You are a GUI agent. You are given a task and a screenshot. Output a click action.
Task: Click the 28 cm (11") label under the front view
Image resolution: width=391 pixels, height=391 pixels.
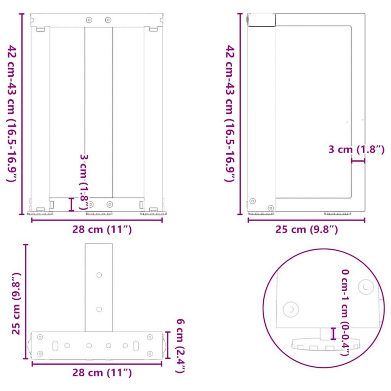click(102, 229)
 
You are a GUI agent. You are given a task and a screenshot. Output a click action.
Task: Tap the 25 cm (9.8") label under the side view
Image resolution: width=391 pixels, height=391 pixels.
click(307, 229)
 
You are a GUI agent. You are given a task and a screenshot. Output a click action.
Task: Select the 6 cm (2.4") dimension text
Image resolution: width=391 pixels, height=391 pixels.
click(181, 346)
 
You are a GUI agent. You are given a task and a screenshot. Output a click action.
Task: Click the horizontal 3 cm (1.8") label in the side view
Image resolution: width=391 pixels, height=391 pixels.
click(356, 150)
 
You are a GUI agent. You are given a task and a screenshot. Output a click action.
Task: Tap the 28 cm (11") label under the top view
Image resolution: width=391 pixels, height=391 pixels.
click(102, 372)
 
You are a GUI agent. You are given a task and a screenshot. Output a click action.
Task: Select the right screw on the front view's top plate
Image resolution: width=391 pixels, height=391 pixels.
click(108, 20)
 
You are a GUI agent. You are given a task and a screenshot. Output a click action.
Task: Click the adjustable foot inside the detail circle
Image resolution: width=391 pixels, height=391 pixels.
click(326, 344)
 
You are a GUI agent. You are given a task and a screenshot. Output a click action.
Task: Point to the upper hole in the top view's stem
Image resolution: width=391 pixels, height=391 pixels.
click(99, 275)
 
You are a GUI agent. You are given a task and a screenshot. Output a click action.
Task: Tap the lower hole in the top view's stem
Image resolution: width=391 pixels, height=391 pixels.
click(99, 309)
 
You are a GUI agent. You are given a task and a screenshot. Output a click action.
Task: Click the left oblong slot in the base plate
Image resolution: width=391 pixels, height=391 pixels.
click(56, 345)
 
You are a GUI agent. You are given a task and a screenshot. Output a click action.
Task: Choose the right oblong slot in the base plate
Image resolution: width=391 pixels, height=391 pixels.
click(136, 345)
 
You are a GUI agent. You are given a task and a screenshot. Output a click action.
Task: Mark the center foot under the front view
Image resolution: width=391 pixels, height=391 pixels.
click(99, 214)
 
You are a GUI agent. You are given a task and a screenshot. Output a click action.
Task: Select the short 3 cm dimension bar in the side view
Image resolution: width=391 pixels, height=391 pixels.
click(358, 161)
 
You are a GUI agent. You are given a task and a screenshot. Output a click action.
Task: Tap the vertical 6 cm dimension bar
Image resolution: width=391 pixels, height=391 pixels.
click(168, 345)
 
